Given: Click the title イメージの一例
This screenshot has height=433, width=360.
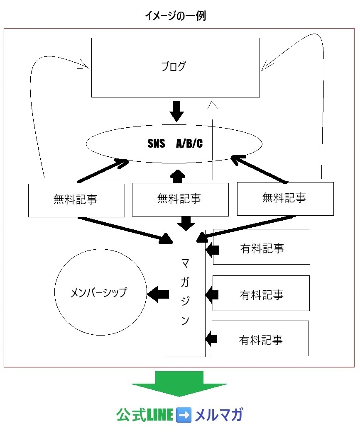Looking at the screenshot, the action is coord(176,16).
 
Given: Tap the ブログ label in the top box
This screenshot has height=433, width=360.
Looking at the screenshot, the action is coord(174,66).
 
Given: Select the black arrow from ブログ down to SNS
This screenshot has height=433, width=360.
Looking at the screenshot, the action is coord(176,112).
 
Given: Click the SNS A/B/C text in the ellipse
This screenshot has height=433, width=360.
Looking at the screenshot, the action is coord(175,144).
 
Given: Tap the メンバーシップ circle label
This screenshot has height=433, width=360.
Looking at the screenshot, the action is coord(99,292).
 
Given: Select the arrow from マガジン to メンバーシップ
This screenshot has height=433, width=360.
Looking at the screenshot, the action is coord(158,294).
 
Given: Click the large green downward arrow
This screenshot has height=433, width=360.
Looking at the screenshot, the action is coord(179,384).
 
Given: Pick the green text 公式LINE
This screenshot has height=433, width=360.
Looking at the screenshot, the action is coord(144,415).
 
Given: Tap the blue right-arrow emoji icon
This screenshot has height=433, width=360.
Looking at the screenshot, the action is coord(184,415).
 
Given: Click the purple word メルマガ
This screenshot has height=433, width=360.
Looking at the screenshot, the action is coord(219,415).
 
